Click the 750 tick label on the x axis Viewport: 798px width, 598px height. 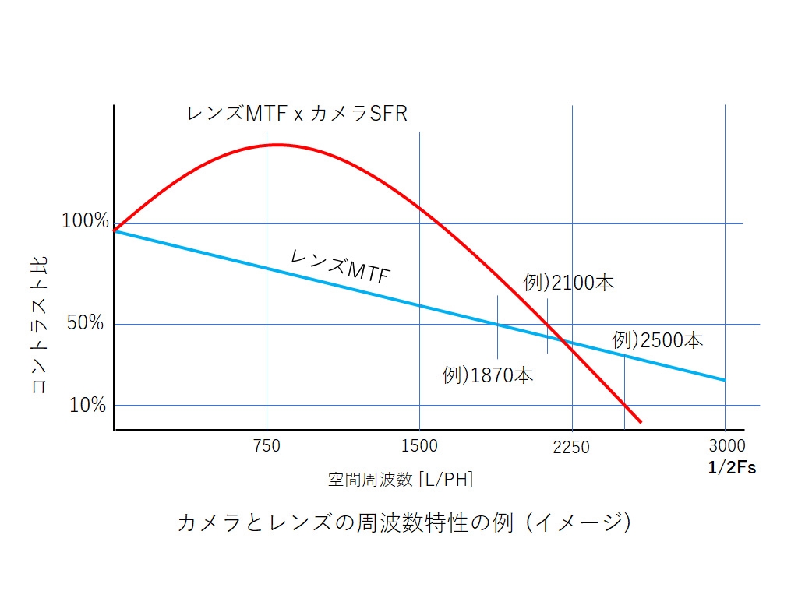[x=267, y=446]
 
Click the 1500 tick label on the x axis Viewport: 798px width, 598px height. [x=419, y=446]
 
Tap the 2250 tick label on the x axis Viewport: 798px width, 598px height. [x=571, y=447]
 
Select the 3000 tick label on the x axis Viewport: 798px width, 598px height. [x=727, y=446]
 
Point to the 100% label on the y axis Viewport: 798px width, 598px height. [x=85, y=222]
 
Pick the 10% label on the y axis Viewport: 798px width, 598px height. [x=87, y=405]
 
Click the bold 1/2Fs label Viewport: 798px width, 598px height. [x=732, y=468]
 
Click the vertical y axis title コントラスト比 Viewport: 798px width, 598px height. [x=39, y=324]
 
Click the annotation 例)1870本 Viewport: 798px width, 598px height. [x=488, y=375]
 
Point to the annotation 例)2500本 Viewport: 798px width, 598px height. [x=658, y=340]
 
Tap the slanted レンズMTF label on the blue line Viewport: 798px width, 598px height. [x=340, y=265]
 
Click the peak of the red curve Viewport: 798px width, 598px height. [x=276, y=145]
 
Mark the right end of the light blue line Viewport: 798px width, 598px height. [x=725, y=380]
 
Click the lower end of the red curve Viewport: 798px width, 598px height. [x=640, y=422]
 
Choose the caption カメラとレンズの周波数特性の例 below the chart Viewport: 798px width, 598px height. [x=404, y=522]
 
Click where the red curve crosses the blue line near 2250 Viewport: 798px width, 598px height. [x=567, y=341]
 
